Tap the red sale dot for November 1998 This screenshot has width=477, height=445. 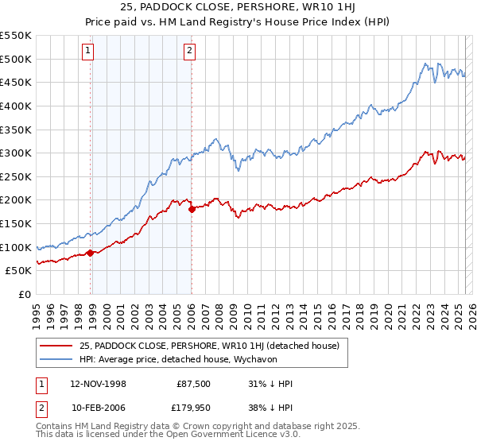91,253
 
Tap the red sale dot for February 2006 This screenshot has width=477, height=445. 192,210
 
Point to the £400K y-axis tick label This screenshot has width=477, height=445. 16,106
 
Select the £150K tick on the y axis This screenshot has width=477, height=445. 16,223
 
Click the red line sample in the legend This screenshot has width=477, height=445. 56,346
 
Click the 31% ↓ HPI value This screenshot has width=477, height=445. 270,383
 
